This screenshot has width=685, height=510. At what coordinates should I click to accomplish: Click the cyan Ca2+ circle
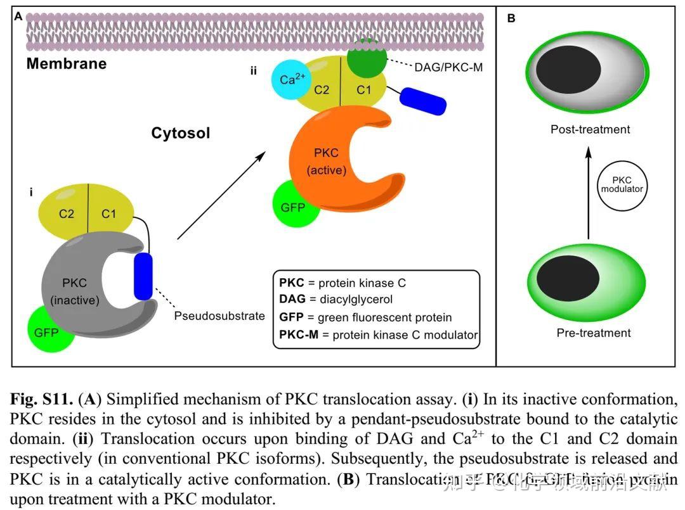pos(292,80)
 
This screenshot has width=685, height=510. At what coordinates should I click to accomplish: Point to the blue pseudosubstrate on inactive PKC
pos(143,277)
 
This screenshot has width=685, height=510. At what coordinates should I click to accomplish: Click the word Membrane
pos(67,64)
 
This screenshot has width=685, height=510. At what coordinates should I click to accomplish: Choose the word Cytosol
pos(180,133)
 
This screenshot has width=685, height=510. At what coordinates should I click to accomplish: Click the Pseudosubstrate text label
pos(219,316)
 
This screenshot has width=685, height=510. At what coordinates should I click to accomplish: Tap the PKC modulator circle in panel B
pos(622,185)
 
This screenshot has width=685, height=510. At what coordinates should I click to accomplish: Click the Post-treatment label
pos(590,129)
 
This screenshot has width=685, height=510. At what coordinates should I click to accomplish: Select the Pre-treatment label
pos(593,333)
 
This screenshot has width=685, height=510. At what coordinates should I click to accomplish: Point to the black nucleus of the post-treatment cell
pos(569,68)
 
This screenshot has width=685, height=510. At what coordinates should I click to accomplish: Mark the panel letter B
pos(511,18)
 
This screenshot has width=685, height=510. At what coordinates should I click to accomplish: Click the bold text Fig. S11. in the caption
pos(41,400)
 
